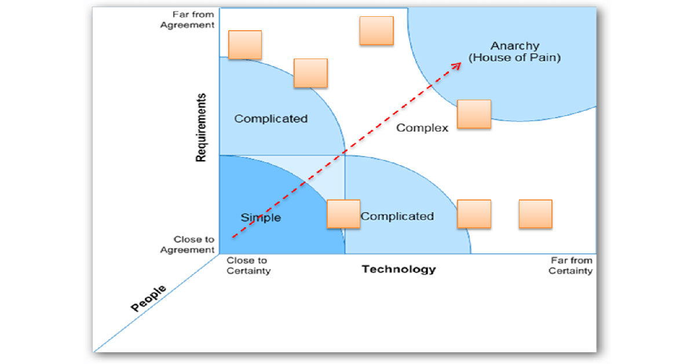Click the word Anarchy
(514, 46)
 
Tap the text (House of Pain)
(514, 58)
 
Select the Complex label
(422, 128)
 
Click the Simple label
(261, 218)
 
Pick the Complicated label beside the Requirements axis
(270, 119)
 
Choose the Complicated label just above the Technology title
(397, 216)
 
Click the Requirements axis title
(201, 127)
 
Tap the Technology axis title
(398, 269)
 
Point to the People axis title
(148, 298)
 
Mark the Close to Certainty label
(248, 266)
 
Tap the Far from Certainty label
(570, 266)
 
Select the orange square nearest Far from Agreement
(245, 45)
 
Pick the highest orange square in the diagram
(376, 31)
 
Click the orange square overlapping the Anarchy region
(474, 114)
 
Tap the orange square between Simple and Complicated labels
(343, 214)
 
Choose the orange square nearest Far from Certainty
(535, 214)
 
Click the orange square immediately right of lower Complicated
(474, 214)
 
